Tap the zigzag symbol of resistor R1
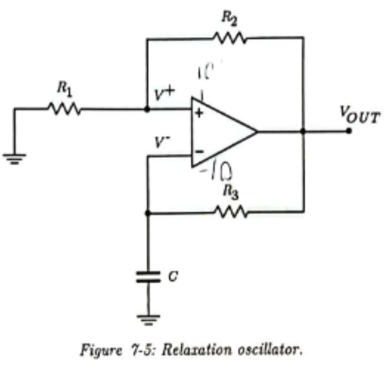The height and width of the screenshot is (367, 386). click(x=63, y=109)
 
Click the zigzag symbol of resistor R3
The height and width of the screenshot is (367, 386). click(x=230, y=212)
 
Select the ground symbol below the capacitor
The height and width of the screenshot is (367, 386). click(x=148, y=319)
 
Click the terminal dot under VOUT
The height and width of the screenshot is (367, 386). click(x=349, y=131)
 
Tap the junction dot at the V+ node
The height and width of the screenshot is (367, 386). click(x=147, y=109)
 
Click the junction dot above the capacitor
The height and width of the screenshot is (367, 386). click(x=148, y=213)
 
